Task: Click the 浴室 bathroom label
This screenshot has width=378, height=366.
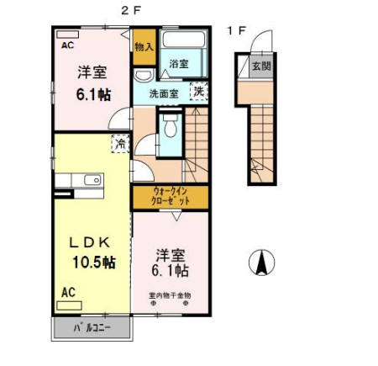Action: tap(179, 64)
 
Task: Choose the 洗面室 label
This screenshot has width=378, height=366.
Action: tap(165, 93)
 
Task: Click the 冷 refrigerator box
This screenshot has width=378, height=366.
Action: tap(121, 145)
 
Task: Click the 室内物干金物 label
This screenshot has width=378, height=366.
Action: tap(171, 295)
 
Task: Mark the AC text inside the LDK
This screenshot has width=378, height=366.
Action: tap(68, 292)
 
